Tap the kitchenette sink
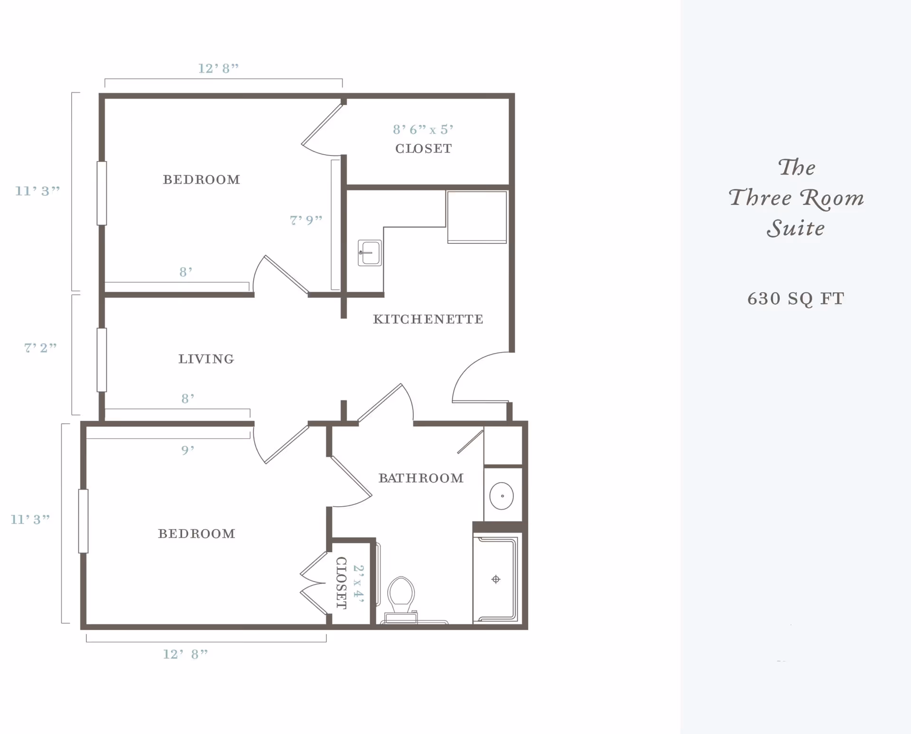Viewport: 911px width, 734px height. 370,253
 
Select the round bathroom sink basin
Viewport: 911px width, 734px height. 502,496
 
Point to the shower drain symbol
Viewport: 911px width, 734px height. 496,579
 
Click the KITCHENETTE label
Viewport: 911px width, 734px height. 428,319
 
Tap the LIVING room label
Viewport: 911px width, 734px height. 206,359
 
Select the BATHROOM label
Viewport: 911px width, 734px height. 421,478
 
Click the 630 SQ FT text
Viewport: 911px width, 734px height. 796,299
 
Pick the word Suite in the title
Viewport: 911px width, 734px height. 796,229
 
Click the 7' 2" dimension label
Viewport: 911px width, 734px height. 41,348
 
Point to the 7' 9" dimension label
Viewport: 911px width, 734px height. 306,220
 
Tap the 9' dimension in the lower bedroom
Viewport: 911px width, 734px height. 188,450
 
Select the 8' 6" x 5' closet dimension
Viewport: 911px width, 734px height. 423,130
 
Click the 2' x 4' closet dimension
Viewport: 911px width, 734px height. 359,584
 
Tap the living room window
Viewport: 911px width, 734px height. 102,360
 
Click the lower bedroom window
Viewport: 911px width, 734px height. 84,521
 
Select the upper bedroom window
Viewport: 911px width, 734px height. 102,193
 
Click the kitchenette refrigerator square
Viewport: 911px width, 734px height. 477,217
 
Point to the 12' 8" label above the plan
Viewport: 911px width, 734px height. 218,69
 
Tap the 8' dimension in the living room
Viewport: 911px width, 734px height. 188,399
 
